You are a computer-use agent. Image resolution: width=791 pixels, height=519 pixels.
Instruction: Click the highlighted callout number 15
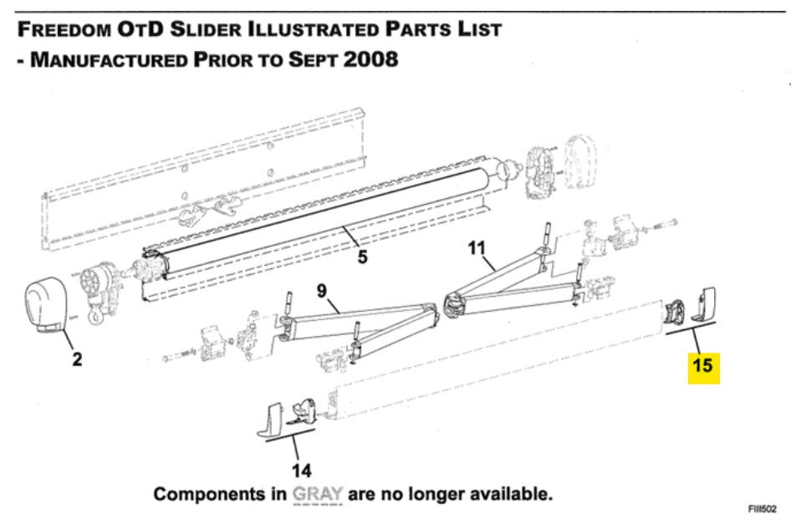[x=703, y=364]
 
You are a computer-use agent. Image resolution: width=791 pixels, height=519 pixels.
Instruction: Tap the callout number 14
[x=302, y=470]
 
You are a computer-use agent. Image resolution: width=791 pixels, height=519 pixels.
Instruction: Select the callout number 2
[x=77, y=359]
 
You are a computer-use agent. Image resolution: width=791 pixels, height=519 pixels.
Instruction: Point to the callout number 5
[x=362, y=257]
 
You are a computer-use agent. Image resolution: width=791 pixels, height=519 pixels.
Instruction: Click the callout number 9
[x=322, y=291]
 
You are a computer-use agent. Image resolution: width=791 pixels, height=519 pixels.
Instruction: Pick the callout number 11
[x=477, y=248]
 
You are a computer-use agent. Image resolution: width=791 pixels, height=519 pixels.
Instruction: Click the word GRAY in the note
[x=317, y=494]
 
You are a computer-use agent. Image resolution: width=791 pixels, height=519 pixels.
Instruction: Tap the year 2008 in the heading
[x=370, y=59]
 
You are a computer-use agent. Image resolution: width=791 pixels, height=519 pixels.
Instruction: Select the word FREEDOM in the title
[x=64, y=29]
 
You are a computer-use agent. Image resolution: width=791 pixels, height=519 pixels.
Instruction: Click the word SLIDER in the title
[x=206, y=29]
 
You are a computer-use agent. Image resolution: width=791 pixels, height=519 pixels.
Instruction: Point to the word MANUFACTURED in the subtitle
[x=109, y=59]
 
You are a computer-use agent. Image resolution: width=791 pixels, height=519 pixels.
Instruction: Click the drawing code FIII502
[x=763, y=509]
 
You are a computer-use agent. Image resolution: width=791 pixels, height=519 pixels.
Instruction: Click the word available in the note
[x=508, y=494]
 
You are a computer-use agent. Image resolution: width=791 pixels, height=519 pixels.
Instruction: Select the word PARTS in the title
[x=419, y=29]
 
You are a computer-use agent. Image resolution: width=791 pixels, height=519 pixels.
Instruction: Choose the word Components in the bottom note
[x=219, y=494]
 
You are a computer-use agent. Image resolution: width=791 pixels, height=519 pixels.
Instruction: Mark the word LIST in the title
[x=479, y=29]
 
